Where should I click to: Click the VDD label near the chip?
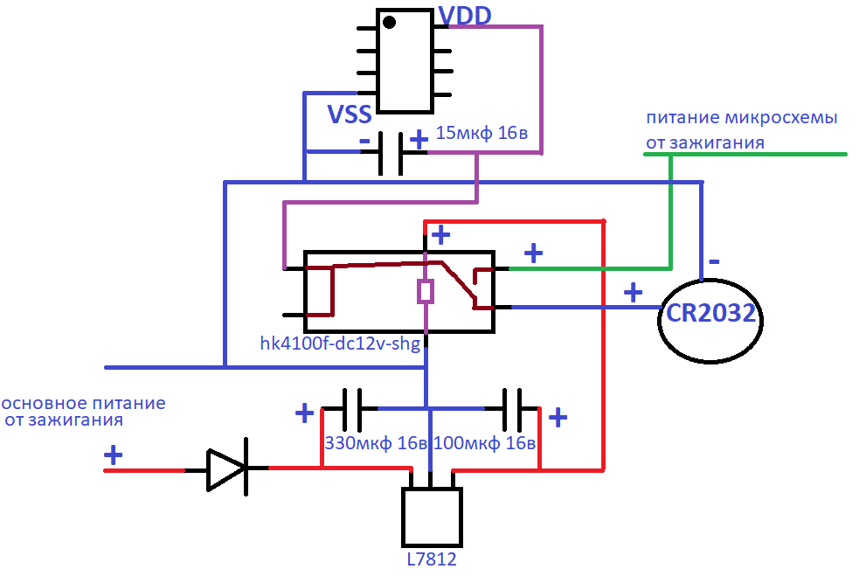point(465,16)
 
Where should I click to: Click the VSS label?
point(350,114)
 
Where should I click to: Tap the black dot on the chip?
point(390,22)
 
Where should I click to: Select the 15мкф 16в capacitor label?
point(481,133)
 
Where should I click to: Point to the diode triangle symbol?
point(226,470)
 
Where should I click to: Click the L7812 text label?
point(432,559)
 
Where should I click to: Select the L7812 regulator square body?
point(432,517)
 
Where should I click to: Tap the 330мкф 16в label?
point(376,443)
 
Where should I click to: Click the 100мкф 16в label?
point(484,443)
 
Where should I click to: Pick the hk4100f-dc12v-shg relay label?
point(340,344)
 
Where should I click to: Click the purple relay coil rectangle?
point(426,292)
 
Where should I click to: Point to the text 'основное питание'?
point(83,403)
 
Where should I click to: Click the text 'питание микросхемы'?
point(742,118)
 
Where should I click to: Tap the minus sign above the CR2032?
point(714,261)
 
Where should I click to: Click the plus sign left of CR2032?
point(633,292)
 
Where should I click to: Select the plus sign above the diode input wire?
point(114,455)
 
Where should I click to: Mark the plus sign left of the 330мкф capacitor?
point(304,413)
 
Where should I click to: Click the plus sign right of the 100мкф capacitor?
point(558,417)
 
